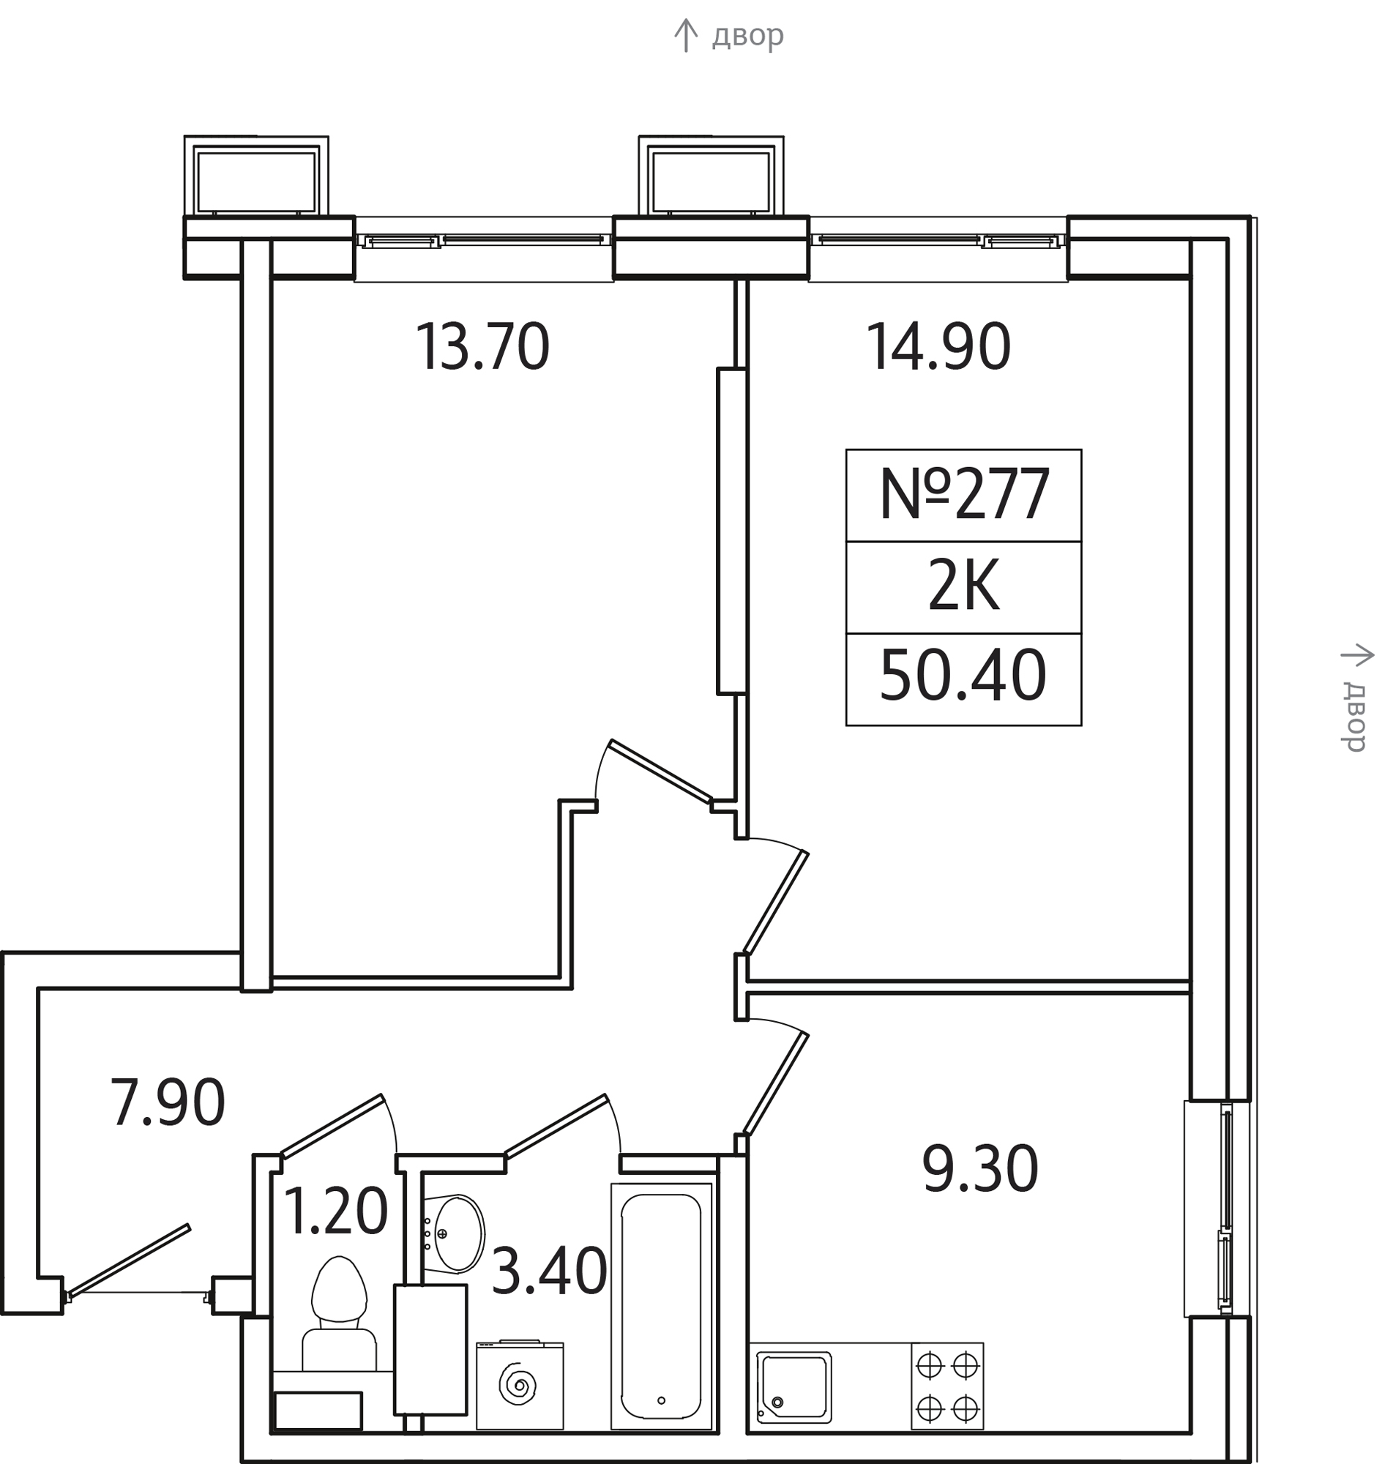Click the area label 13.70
click(x=482, y=347)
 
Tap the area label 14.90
click(x=938, y=347)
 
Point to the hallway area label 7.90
click(x=167, y=1103)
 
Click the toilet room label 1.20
click(x=336, y=1211)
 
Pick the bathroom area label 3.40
click(x=550, y=1272)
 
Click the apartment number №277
click(x=965, y=495)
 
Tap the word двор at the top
click(x=747, y=36)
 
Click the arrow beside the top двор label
click(x=685, y=35)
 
